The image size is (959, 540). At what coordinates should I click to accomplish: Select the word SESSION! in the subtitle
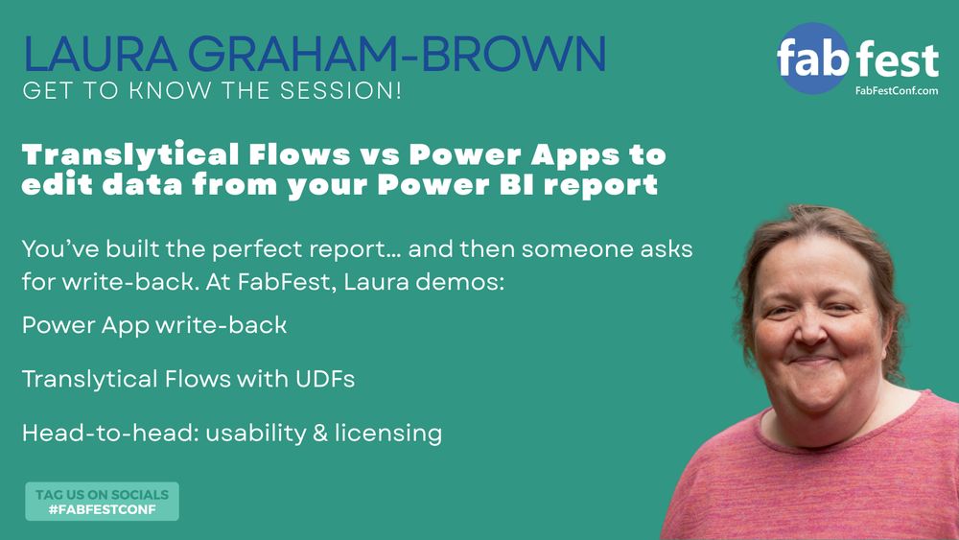[x=340, y=90]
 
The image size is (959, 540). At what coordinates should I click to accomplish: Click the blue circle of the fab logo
[x=813, y=59]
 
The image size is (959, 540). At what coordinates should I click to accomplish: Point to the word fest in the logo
[x=898, y=59]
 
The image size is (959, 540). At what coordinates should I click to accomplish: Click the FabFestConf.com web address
[x=897, y=90]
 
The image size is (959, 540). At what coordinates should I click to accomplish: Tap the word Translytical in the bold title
[x=129, y=154]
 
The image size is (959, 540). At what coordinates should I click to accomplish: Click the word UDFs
[x=325, y=379]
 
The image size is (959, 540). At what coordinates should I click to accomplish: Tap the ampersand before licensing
[x=320, y=433]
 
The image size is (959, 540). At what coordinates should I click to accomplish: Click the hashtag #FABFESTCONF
[x=103, y=509]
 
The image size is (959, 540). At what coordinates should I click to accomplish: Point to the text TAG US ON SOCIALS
[x=103, y=494]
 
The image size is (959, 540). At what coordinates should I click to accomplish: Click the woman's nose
[x=810, y=330]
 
